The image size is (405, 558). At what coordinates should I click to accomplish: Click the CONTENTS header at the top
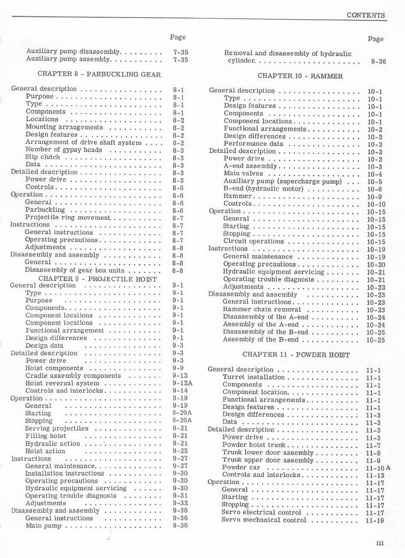click(x=366, y=14)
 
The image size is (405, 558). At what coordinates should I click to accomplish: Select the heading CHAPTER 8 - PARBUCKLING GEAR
click(x=99, y=74)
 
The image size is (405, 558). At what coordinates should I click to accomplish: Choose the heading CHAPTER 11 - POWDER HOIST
click(x=296, y=354)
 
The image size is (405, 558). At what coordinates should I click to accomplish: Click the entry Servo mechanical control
click(x=264, y=520)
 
